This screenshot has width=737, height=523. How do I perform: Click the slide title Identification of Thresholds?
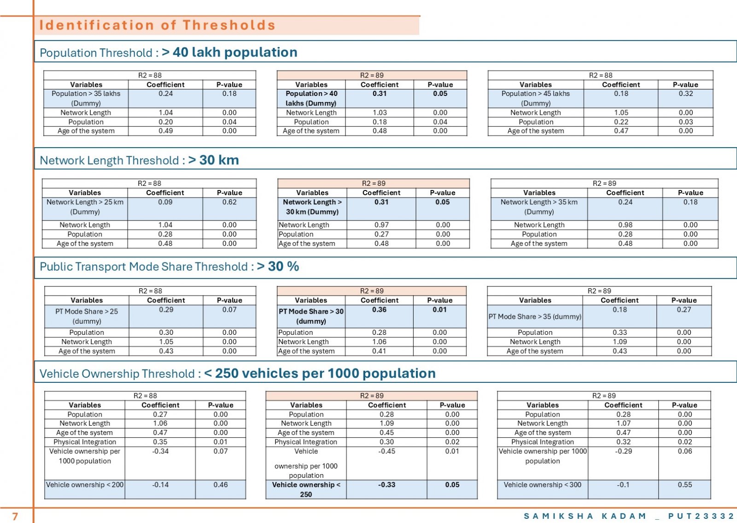(157, 25)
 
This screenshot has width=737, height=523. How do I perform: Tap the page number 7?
(15, 516)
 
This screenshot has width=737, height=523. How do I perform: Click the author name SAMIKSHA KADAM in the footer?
(585, 516)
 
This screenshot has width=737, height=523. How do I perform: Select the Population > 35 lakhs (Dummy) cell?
(86, 98)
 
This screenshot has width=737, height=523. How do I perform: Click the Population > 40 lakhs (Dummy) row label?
(311, 98)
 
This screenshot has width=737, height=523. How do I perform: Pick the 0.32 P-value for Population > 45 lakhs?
(686, 94)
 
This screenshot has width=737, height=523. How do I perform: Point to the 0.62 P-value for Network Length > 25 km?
(229, 202)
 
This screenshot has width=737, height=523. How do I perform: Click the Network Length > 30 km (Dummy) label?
(312, 207)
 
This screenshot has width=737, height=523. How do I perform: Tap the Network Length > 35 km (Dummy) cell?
(539, 207)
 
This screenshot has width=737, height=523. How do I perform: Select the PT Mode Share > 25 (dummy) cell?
(87, 316)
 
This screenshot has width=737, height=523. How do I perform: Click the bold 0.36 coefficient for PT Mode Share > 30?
(380, 309)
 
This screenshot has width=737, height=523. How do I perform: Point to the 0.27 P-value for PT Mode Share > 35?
(684, 309)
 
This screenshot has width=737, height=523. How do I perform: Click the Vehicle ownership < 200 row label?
(85, 485)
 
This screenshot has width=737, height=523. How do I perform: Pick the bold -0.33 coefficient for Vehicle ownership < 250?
(386, 485)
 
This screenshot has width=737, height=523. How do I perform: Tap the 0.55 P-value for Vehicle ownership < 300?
(684, 485)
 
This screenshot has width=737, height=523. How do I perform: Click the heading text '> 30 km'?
(214, 160)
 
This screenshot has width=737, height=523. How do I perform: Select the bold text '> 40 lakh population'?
(230, 52)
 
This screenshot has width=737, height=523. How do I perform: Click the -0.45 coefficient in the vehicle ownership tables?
(386, 451)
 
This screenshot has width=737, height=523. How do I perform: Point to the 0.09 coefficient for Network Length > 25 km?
(165, 202)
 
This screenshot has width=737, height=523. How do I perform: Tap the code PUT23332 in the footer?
(701, 516)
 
